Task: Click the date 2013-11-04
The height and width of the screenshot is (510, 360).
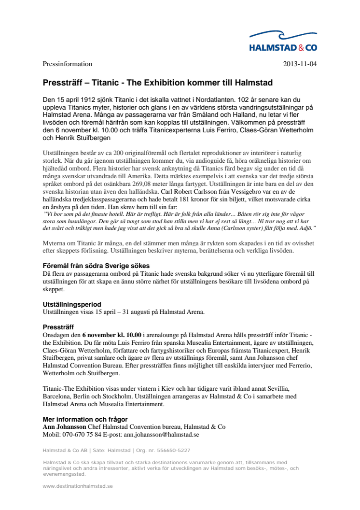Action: click(300, 64)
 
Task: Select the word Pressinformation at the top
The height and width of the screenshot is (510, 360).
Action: click(67, 64)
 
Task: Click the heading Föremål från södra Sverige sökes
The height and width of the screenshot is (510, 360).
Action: click(96, 266)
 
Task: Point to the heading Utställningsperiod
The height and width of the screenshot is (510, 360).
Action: click(72, 304)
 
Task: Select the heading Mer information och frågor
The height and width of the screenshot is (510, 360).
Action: click(85, 419)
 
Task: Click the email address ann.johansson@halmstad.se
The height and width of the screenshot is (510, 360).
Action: click(161, 435)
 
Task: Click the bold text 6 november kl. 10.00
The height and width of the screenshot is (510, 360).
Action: click(112, 335)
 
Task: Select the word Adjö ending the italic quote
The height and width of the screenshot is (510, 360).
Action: click(307, 227)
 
